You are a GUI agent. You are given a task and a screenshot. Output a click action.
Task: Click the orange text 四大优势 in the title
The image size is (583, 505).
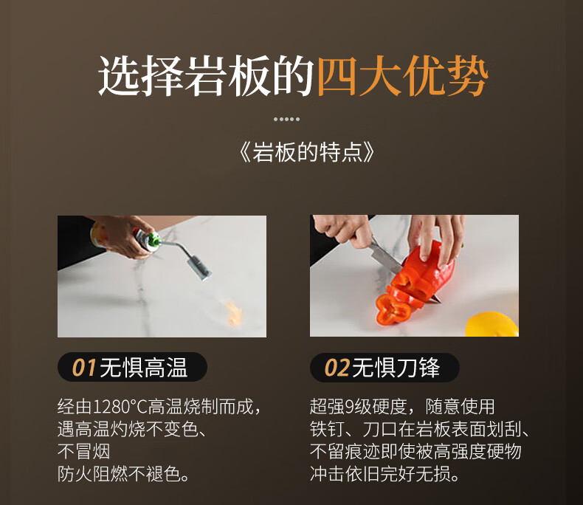coord(401,76)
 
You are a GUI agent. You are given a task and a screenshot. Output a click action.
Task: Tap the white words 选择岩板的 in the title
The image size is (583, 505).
coord(207,76)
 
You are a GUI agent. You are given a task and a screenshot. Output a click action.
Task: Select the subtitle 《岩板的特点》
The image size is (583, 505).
coord(306,152)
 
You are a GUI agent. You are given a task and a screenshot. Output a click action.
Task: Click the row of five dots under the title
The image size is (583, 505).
coord(286,119)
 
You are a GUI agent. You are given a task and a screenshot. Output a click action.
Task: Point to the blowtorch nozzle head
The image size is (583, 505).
coord(199,269)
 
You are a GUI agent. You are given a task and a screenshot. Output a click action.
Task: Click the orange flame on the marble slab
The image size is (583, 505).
coord(232,313)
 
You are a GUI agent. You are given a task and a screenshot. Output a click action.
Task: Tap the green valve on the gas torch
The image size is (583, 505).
coord(153,241)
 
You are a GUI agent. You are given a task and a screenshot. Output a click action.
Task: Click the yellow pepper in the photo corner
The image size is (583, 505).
coord(491,325)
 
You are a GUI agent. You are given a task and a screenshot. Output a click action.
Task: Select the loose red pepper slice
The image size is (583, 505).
coord(393,309)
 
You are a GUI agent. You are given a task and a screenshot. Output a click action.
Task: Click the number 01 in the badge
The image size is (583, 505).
coord(84,368)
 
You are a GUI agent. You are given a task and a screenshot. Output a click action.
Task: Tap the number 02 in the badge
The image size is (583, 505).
coord(337,368)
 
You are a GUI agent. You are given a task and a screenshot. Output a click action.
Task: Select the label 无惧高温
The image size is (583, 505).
coord(143,368)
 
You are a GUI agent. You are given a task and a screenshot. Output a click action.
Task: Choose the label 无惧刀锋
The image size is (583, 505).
coord(396,368)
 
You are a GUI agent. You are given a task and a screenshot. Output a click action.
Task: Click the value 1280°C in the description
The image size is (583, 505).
coord(120,407)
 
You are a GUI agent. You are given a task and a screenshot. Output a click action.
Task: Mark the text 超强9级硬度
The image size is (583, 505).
coord(359,407)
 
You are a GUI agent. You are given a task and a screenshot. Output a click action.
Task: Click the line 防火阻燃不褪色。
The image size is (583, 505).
coord(123,474)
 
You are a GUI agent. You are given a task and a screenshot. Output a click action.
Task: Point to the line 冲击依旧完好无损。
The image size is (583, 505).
coord(384,474)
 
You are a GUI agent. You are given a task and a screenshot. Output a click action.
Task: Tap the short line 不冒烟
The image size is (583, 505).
coord(83,451)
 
